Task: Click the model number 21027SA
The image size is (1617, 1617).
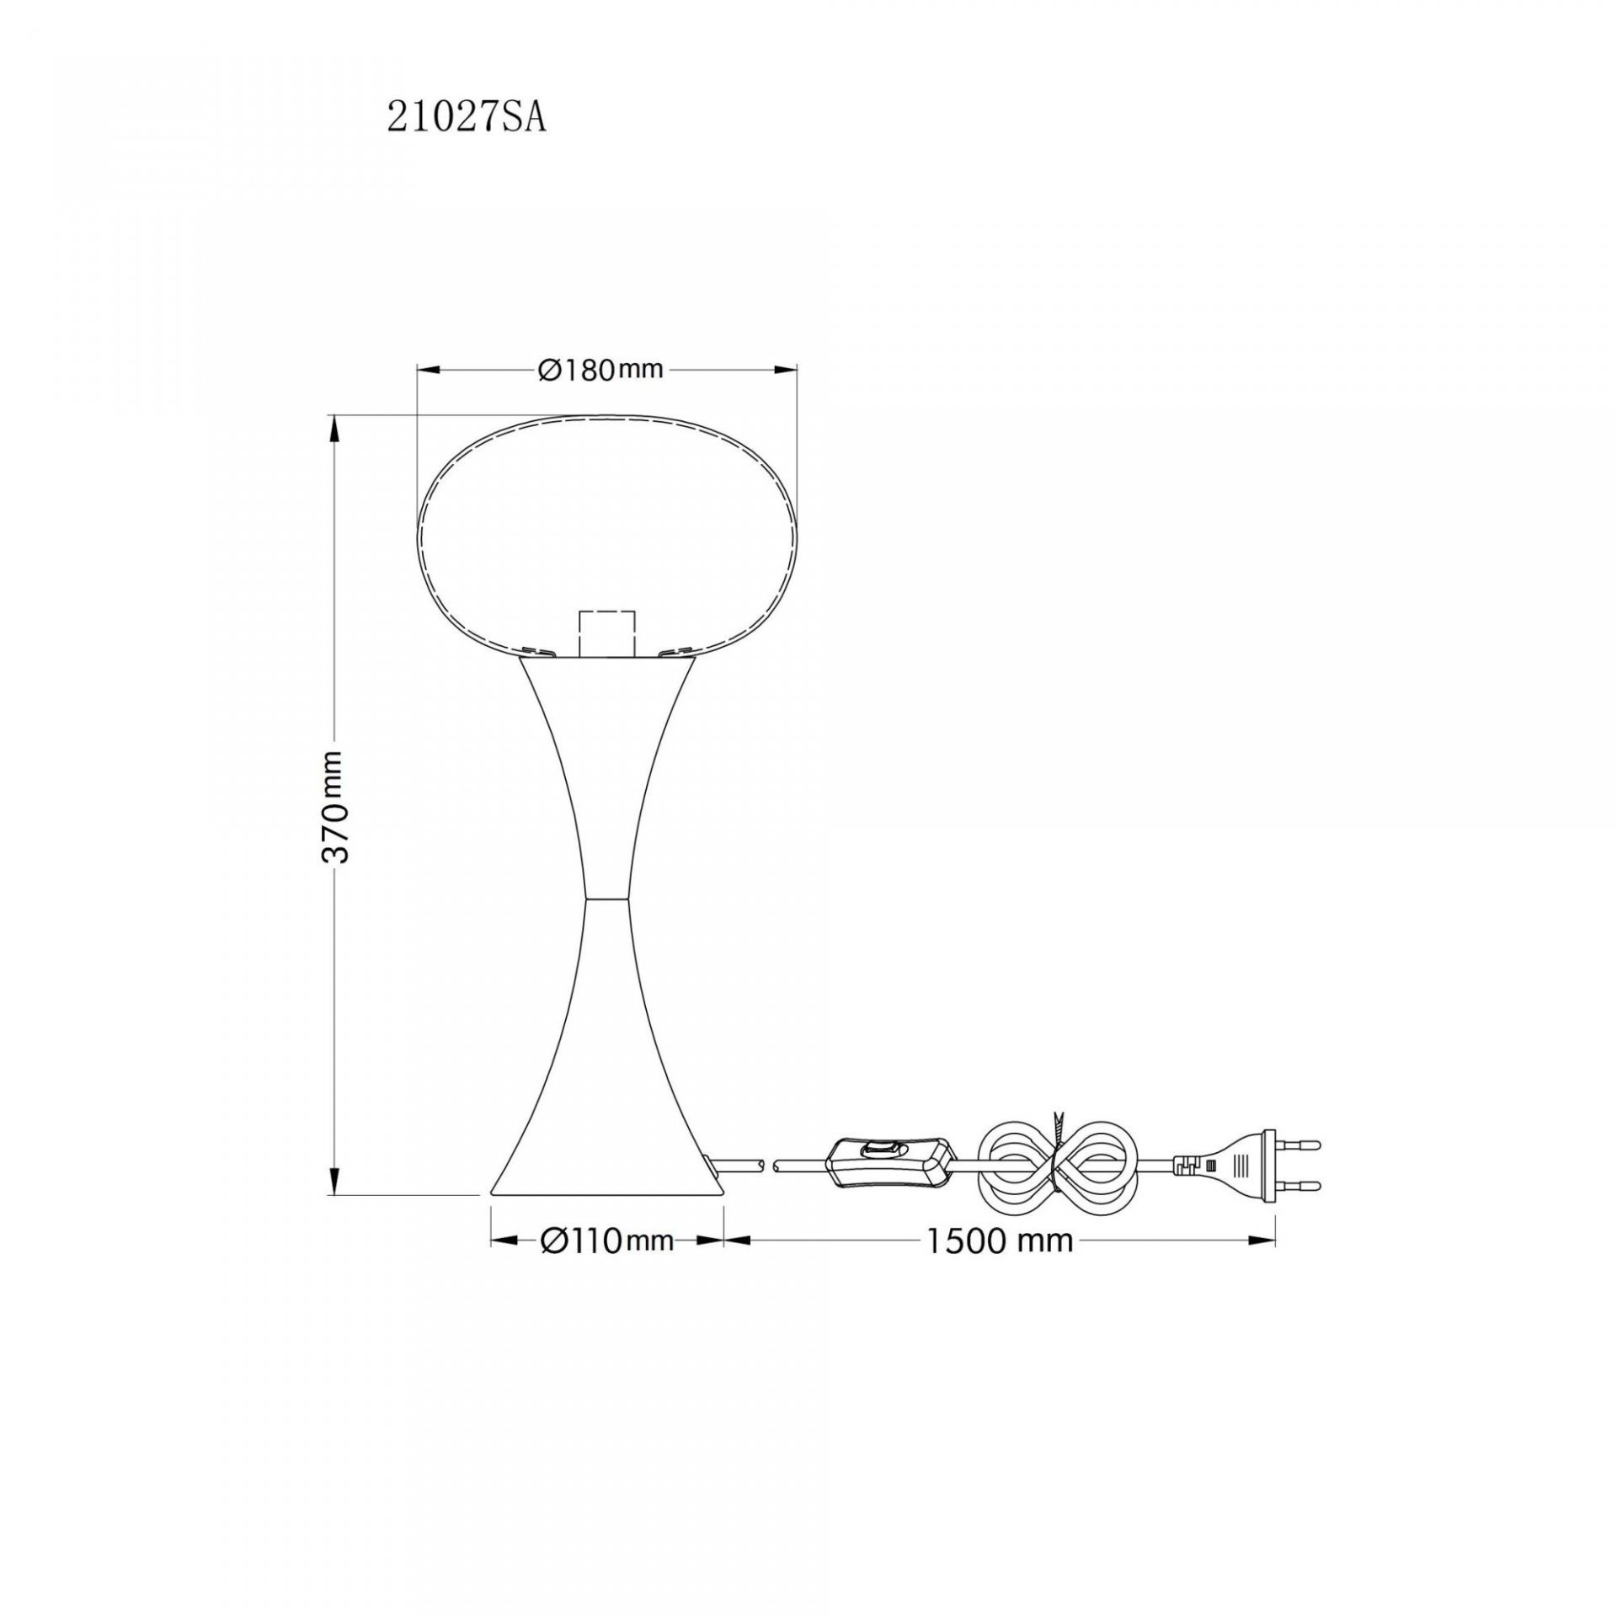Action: coord(467,119)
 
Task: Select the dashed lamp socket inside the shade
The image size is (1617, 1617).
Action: coord(605,632)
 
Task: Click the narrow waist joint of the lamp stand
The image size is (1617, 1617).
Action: coord(606,899)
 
